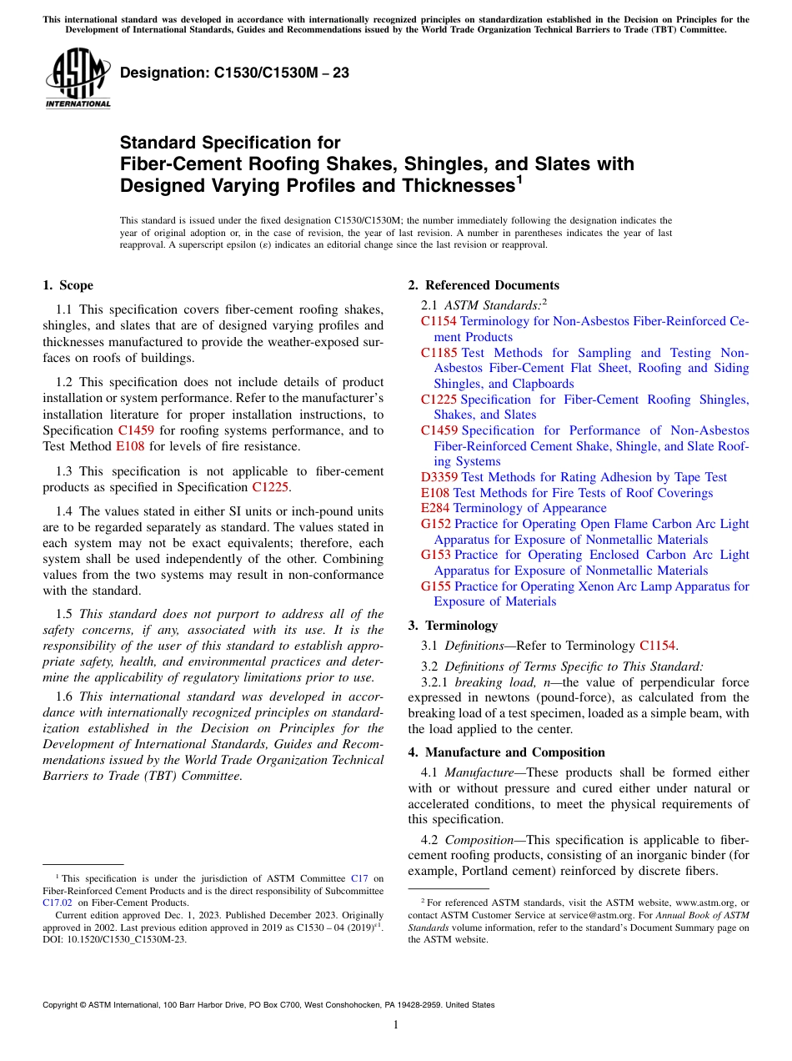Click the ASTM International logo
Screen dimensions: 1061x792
(77, 79)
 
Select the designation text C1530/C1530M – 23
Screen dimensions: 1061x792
(234, 73)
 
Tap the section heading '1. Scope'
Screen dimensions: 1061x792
(68, 285)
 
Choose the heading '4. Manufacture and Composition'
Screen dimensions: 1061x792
(506, 752)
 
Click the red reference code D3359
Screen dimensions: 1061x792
(439, 477)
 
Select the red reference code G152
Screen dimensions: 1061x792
(437, 524)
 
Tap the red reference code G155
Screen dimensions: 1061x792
(437, 586)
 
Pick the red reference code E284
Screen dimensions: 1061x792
(435, 508)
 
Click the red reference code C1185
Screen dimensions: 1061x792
(439, 353)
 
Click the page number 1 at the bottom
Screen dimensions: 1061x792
(396, 1025)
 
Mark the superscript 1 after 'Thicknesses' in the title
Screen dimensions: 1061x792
(519, 179)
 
